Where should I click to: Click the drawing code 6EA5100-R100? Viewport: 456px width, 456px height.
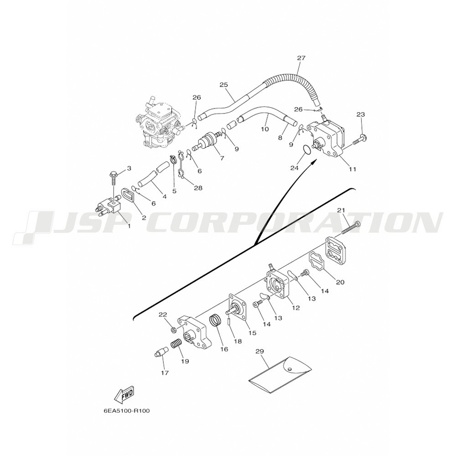[126, 411]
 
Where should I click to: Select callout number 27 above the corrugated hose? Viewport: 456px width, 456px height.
[301, 58]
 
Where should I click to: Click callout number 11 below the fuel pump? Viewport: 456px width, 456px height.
[352, 169]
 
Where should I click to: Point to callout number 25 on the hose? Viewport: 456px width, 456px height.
[223, 85]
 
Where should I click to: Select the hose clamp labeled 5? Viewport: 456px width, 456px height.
[173, 161]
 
